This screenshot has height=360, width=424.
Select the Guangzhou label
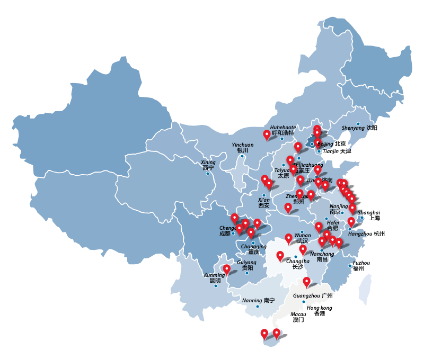click(312, 295)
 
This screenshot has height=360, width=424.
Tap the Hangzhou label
click(366, 233)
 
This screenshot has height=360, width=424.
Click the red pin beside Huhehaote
click(267, 134)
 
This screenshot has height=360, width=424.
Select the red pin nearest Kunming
click(227, 268)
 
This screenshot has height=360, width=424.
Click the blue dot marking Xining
click(207, 174)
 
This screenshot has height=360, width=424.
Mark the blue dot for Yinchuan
click(242, 156)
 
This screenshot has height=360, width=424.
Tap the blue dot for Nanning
click(258, 307)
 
